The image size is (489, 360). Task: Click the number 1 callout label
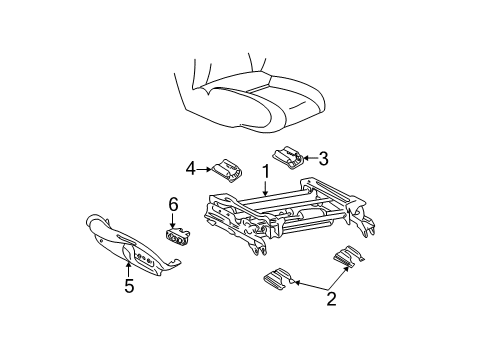tap(265, 171)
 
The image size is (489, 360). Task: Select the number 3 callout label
tap(323, 157)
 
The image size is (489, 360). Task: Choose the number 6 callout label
tap(173, 204)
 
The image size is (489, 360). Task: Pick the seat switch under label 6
tap(179, 236)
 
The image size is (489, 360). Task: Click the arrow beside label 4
tap(203, 167)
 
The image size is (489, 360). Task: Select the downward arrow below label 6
tap(173, 220)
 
